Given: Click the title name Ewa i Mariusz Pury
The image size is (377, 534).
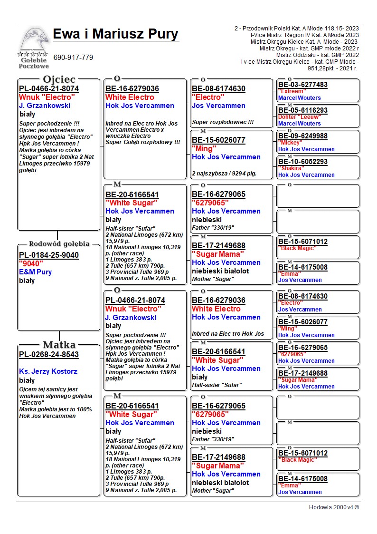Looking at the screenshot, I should [x=115, y=34].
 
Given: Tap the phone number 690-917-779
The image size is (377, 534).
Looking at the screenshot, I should [x=73, y=58].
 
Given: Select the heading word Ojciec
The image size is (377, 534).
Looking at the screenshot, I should [x=59, y=79].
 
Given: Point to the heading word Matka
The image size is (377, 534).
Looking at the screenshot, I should [x=59, y=345].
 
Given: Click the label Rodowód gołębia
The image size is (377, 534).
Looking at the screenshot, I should [x=59, y=244].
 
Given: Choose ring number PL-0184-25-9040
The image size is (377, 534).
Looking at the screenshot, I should [x=49, y=255].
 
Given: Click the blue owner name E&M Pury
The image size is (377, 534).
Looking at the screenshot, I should [x=36, y=272].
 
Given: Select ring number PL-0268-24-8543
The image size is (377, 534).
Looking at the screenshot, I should [x=49, y=355].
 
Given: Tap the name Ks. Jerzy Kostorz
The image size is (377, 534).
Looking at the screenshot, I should [x=48, y=371].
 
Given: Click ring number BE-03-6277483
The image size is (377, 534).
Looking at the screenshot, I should [x=303, y=85].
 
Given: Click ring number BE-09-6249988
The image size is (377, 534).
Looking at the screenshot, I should [x=303, y=136].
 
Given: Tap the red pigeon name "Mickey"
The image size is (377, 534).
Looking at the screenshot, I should [x=290, y=143].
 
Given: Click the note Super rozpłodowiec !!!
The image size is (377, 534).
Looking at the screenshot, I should [x=223, y=122].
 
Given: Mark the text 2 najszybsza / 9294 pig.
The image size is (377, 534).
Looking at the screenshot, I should [x=224, y=174].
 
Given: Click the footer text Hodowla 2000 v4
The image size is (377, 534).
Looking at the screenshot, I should [x=334, y=507].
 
